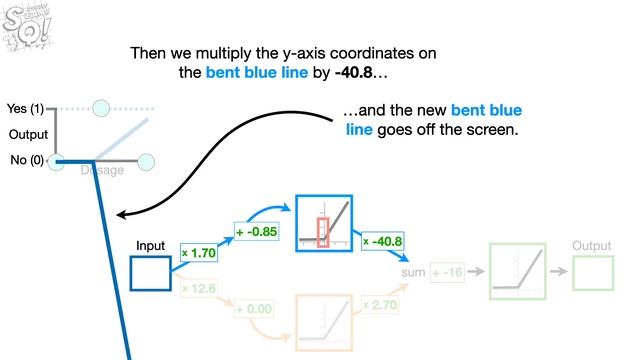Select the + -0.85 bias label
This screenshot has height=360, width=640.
(x=256, y=232)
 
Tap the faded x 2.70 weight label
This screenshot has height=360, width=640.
(x=380, y=302)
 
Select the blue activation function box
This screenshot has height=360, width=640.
(x=324, y=222)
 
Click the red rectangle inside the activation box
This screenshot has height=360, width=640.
(x=322, y=230)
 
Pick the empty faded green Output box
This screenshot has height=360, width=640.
(x=592, y=272)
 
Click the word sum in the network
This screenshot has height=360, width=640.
(x=413, y=272)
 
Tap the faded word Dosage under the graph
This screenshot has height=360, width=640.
(x=102, y=170)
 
